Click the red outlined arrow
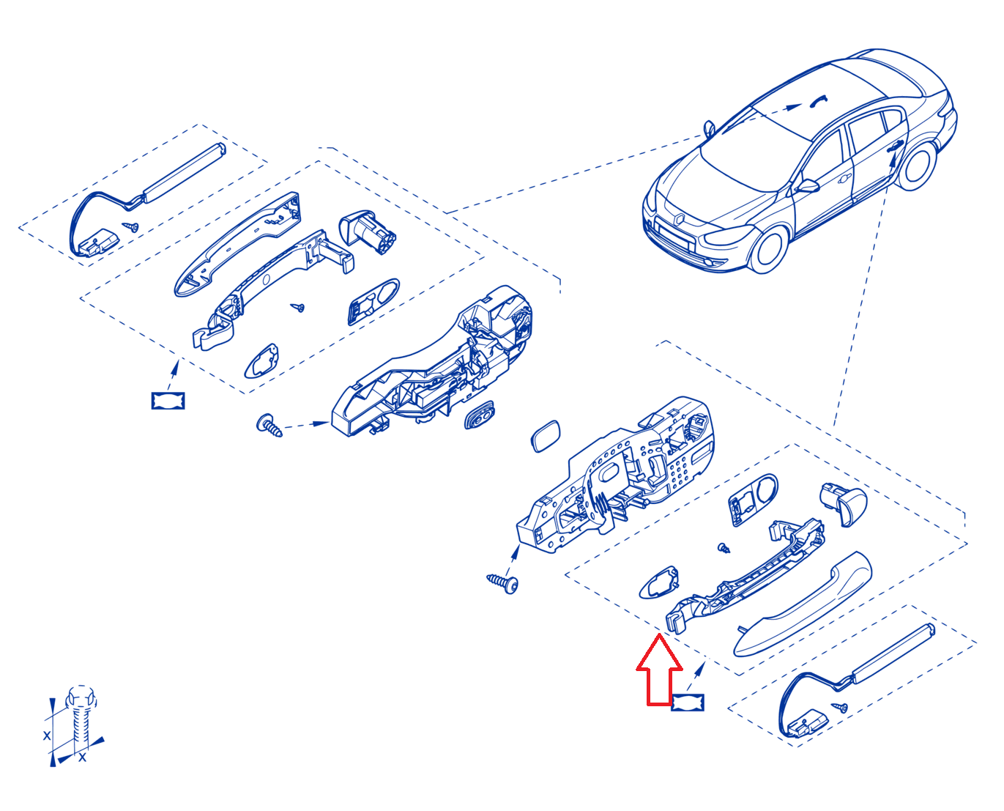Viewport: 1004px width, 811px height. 659,670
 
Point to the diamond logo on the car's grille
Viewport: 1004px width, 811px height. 679,219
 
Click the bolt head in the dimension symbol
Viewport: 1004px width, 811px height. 81,697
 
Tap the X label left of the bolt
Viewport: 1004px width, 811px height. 47,735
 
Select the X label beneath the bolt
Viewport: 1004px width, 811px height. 83,758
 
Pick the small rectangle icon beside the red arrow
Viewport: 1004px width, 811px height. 687,702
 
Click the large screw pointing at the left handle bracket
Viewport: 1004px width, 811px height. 269,426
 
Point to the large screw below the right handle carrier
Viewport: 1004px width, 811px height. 502,583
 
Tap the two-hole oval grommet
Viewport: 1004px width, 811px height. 480,415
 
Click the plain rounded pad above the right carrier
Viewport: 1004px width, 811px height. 546,436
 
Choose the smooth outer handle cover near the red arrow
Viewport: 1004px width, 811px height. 801,604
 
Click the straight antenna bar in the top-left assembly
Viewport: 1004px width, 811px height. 185,173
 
